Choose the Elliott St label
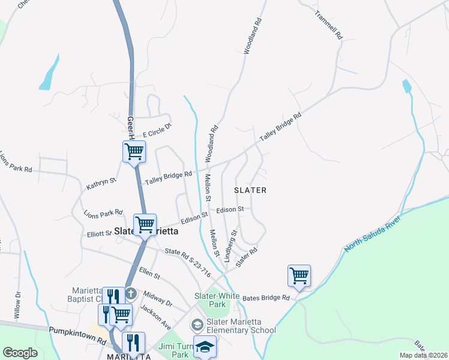point(99,234)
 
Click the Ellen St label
point(149,276)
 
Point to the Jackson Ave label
point(155,317)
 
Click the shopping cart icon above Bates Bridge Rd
point(299,276)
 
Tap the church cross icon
point(131,295)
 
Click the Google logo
point(20,353)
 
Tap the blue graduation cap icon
point(205,347)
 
